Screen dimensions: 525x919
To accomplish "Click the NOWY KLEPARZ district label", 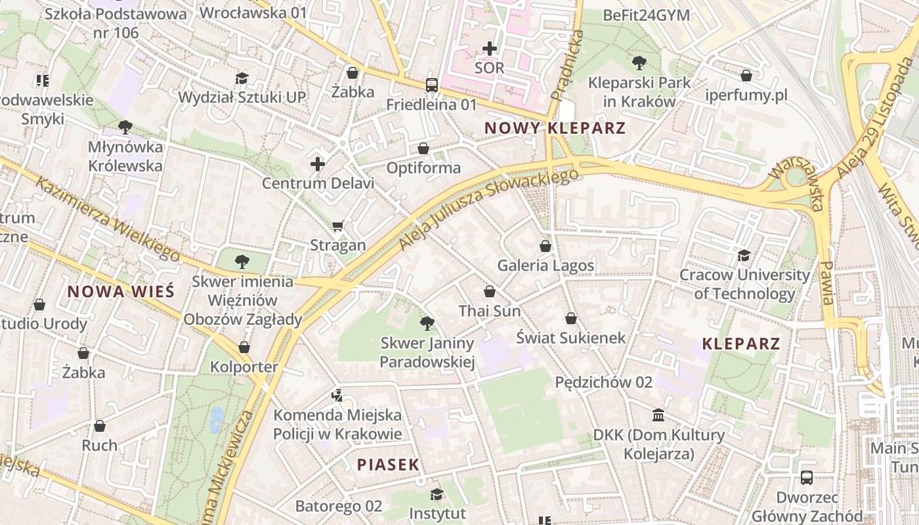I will (555, 128).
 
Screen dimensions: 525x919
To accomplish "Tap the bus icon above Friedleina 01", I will (431, 85).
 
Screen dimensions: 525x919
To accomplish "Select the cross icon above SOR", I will (490, 49).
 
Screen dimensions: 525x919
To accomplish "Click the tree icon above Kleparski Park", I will (639, 63).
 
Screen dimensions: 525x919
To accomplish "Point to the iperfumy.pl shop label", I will (746, 95).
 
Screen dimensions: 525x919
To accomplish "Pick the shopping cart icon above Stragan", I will (338, 226).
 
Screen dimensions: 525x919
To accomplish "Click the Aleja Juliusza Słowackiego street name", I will (489, 209).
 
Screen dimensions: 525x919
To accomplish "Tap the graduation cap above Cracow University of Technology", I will (744, 255).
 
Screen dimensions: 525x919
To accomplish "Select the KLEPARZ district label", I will (740, 343).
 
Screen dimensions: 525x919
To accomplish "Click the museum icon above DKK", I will (658, 415).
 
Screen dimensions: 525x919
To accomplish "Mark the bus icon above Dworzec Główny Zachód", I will (807, 478).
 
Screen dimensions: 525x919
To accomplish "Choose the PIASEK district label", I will (388, 465).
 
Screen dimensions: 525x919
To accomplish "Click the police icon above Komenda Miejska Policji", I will (337, 395).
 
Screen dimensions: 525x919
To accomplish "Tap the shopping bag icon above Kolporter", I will (244, 347).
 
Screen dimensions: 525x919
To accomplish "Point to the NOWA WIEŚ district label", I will (121, 291).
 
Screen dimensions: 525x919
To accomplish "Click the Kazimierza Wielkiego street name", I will (108, 219).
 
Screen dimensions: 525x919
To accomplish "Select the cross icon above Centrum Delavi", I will (318, 163).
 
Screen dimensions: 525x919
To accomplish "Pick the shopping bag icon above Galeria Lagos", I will (545, 246).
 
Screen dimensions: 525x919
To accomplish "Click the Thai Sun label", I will (489, 311).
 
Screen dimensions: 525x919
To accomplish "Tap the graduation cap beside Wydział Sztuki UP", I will (242, 78).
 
